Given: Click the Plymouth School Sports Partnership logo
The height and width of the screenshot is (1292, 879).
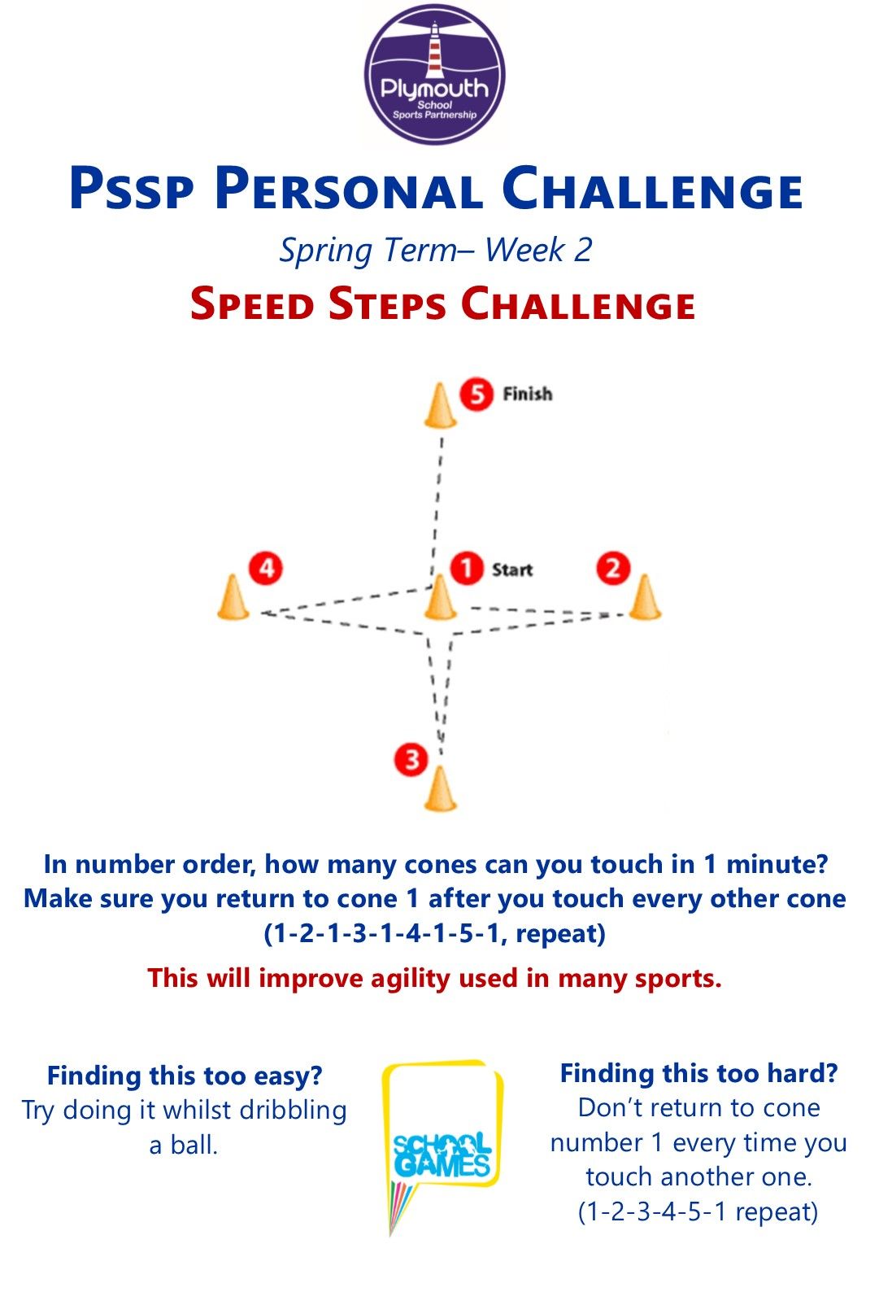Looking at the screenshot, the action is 434,74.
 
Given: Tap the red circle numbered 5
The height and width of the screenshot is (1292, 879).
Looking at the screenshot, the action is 476,395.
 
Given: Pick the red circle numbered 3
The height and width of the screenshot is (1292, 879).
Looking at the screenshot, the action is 411,759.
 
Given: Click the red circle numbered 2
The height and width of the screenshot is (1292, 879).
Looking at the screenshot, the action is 613,569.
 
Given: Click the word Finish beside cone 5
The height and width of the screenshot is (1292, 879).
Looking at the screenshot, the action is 528,394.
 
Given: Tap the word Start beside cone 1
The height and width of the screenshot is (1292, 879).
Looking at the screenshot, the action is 511,570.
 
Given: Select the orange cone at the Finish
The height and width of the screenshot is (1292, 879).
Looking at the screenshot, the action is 441,405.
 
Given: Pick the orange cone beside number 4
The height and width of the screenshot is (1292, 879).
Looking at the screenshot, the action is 233,597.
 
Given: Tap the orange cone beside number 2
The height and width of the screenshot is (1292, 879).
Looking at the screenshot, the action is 645,597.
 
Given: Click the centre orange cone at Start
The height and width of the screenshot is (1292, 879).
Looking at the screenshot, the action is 441,597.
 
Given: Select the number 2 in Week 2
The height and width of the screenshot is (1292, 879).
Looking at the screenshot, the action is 582,251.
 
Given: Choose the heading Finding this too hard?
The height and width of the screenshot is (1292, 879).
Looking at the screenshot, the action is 698,1073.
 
